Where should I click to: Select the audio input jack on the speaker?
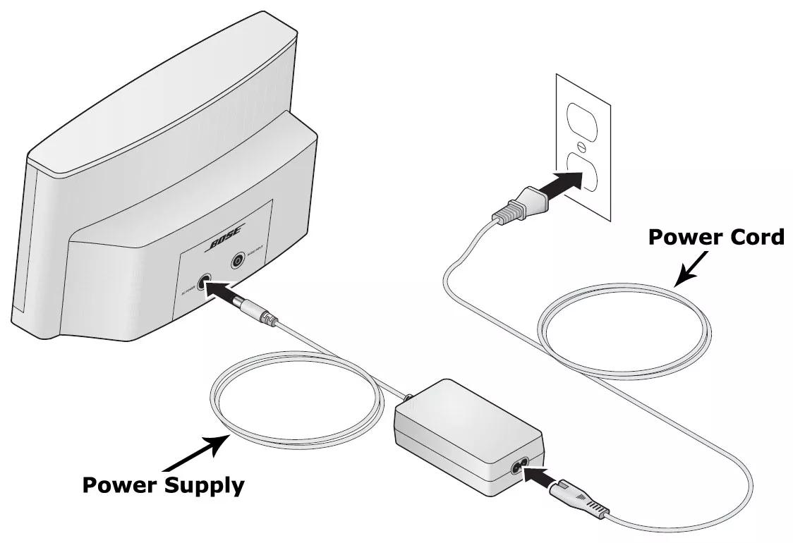pos(237,262)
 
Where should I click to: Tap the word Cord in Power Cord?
pos(752,237)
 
